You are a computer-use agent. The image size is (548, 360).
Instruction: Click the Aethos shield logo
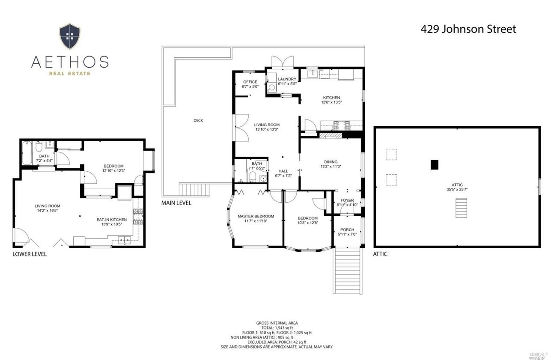coord(70,36)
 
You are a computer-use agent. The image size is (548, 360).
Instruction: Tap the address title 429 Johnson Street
coord(468,29)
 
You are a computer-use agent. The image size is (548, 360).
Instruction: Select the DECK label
coord(198,120)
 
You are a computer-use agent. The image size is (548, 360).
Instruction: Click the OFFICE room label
coord(250,82)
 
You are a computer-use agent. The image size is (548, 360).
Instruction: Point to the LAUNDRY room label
coord(287,79)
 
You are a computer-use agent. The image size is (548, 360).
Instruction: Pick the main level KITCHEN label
coord(331,98)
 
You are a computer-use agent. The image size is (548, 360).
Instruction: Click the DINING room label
coord(331,162)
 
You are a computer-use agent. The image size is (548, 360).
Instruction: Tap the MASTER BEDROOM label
coord(256,216)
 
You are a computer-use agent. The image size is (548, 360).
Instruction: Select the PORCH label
coord(347,229)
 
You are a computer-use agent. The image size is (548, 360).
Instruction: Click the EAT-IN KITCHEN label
coord(112,220)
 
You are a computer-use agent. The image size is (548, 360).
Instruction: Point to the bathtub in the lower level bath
coord(27,153)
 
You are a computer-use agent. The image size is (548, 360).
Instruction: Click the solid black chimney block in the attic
coord(434,165)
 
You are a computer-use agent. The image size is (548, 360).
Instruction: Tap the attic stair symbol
coord(461,208)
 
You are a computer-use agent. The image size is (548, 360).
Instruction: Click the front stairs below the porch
coord(347,271)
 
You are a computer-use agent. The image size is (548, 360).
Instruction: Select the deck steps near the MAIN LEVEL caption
coord(194,190)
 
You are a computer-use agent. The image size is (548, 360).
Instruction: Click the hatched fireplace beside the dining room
coord(331,135)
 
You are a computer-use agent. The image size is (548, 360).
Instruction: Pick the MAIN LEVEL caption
coord(176,203)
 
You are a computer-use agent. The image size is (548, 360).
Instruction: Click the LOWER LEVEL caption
coord(30,254)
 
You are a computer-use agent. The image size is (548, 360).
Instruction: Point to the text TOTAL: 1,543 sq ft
coord(277,328)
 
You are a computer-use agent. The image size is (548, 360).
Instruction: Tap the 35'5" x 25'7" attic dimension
coord(457,189)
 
